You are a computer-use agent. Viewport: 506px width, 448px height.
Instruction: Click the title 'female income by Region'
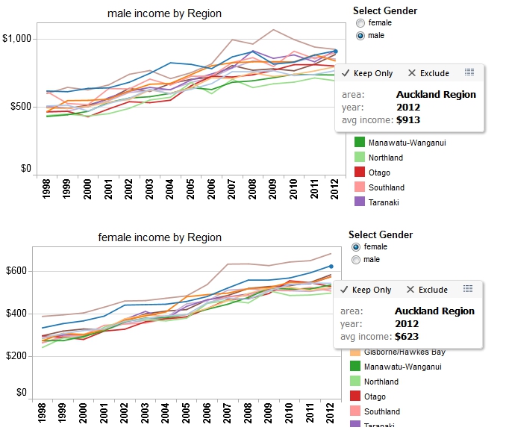(160, 237)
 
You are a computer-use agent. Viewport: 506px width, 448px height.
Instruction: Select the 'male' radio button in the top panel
(361, 35)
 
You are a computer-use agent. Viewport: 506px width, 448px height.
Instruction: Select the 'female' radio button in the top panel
(361, 23)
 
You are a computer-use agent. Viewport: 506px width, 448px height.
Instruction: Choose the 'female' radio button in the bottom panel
(356, 247)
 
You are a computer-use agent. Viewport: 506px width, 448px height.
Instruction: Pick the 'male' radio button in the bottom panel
(356, 259)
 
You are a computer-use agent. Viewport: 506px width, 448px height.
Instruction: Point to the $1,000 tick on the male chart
(16, 38)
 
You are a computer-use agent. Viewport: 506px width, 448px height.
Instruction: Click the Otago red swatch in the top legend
(359, 172)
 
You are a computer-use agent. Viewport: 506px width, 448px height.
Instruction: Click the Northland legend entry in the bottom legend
(385, 382)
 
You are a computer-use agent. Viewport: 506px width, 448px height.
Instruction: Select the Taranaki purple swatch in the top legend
(359, 202)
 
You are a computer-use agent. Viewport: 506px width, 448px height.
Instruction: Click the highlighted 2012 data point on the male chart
(336, 52)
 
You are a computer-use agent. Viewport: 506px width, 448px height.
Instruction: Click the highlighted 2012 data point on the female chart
(331, 266)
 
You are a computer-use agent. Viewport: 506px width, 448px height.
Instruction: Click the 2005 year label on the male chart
(191, 191)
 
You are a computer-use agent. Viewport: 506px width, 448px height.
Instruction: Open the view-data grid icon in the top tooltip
(469, 72)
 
